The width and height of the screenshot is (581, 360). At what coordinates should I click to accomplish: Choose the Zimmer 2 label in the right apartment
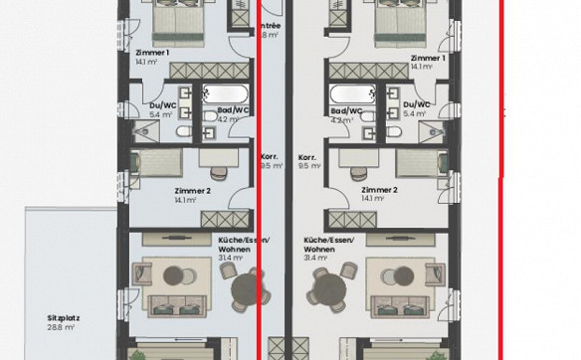(x=380, y=189)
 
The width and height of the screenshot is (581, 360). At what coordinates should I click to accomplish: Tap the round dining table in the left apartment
(x=245, y=289)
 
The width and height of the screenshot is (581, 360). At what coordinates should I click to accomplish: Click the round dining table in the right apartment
(x=325, y=289)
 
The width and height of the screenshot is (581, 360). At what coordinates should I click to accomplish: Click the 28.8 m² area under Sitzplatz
(x=62, y=327)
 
